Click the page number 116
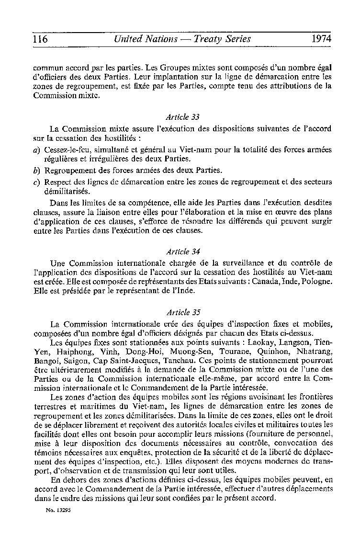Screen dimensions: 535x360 (x=40, y=39)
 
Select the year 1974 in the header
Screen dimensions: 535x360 (x=321, y=39)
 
